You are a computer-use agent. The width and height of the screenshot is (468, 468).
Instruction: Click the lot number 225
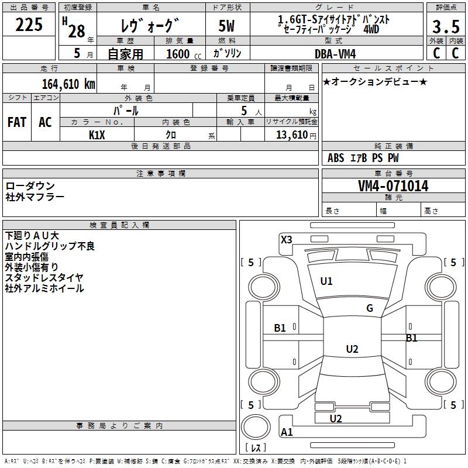29,25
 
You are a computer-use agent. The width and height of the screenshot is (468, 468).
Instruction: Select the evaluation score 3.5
445,26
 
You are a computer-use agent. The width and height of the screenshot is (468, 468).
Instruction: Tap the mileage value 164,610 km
69,84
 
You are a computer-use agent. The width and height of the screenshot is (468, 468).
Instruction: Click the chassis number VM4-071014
393,187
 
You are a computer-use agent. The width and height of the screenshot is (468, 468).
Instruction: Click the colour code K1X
97,135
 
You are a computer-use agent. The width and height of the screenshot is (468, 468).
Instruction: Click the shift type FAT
17,122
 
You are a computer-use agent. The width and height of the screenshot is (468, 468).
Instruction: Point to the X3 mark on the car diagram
286,239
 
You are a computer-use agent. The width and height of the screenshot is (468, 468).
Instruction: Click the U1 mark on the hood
326,281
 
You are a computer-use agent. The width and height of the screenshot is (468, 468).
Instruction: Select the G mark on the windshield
370,308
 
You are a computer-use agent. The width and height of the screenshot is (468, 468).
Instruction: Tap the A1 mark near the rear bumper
287,432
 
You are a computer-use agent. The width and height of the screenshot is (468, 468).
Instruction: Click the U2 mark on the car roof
352,349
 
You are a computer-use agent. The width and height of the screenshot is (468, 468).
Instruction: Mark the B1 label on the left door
280,328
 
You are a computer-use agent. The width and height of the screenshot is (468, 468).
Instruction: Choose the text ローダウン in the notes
30,186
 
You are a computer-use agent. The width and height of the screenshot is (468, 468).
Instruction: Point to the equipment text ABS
336,158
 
